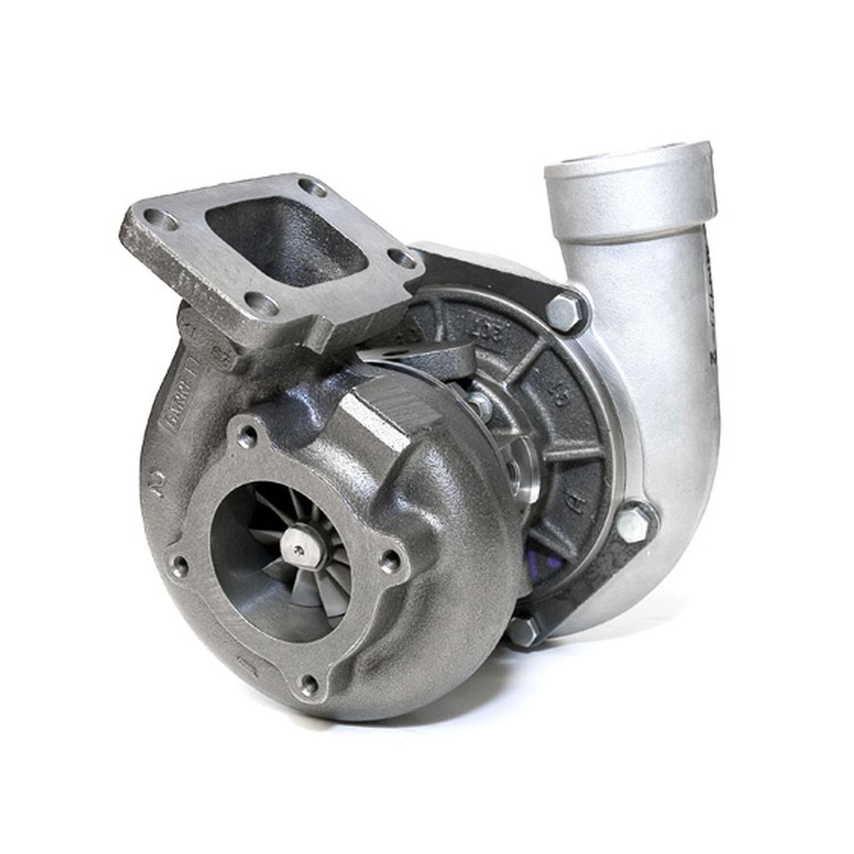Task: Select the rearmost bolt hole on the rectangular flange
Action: click(313, 187)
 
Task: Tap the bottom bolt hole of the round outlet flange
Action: click(309, 684)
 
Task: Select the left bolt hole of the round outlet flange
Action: click(179, 565)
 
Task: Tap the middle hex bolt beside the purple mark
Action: click(633, 523)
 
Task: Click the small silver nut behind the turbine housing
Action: click(481, 402)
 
